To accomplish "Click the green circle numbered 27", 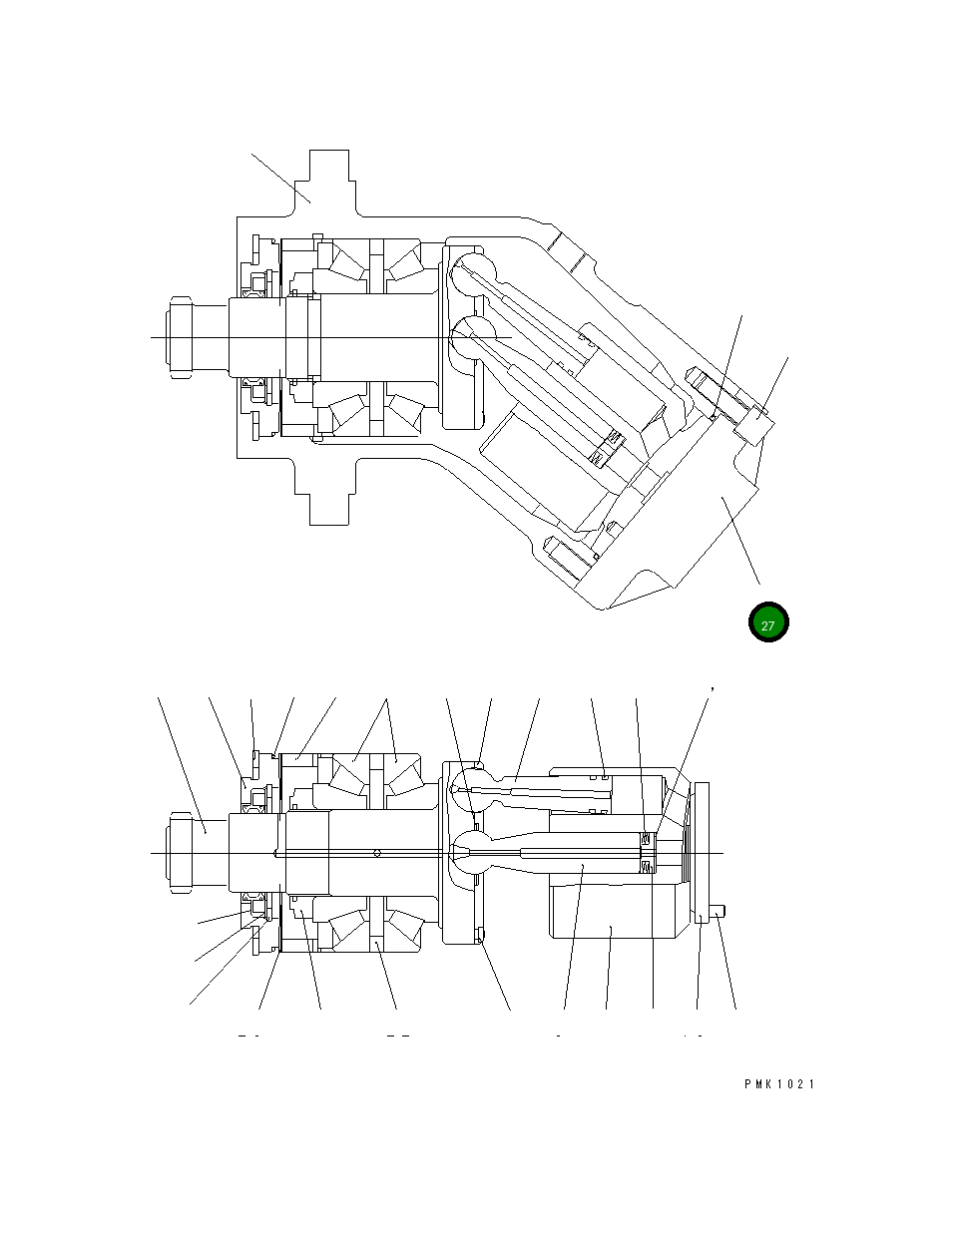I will point(768,622).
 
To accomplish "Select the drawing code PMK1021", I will point(778,1084).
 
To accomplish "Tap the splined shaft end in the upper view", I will point(180,338).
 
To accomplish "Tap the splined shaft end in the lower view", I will point(180,853).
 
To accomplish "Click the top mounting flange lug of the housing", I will point(328,180).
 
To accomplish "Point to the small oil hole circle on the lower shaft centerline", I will point(376,852).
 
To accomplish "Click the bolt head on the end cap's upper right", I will point(753,430).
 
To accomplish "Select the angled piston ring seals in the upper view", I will point(605,448).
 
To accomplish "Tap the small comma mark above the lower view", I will point(712,687).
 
